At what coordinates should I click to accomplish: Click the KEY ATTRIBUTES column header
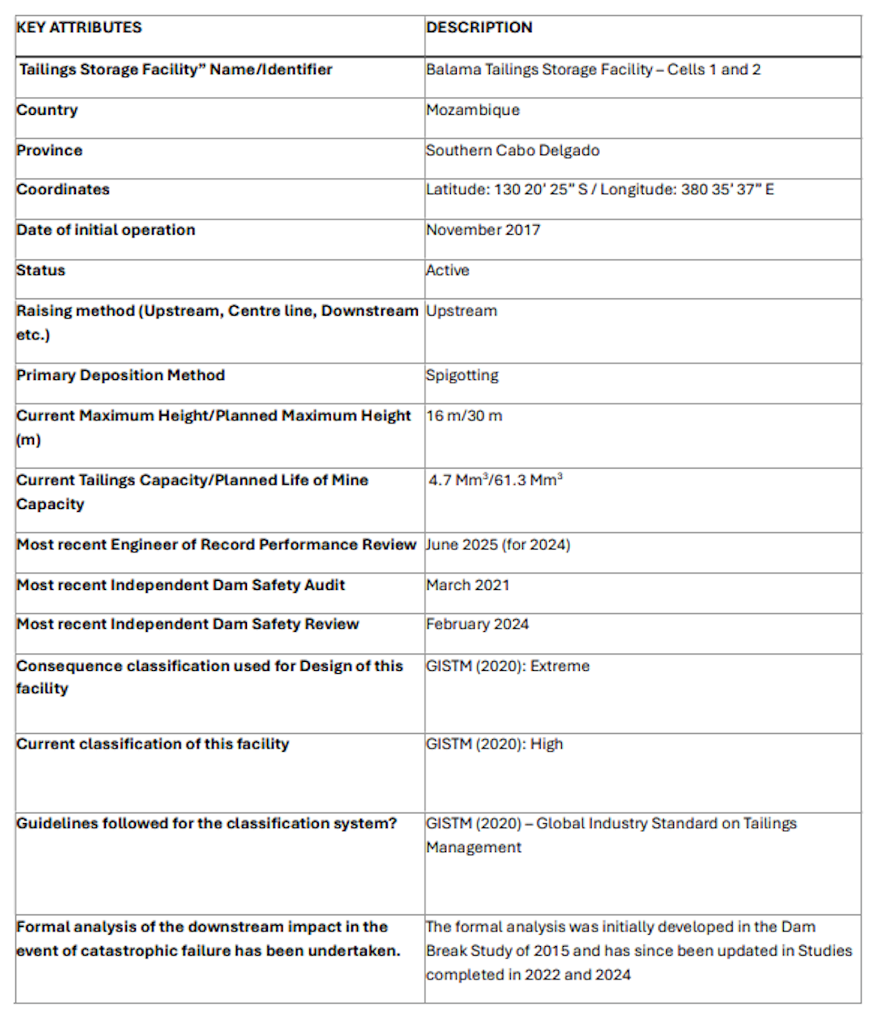coord(79,27)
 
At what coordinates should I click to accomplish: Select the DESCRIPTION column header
coord(479,27)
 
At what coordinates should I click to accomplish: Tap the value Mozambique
coord(473,110)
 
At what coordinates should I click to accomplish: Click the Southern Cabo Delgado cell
coord(513,150)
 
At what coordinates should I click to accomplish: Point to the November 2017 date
coord(483,230)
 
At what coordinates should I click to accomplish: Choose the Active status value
coord(448,270)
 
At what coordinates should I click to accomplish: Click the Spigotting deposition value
coord(462,376)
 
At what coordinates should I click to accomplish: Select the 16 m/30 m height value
coord(464,416)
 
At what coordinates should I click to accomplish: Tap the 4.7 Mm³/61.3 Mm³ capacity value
coord(495,480)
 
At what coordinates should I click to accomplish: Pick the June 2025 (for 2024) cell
coord(498,545)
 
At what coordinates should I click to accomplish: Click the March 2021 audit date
coord(468,585)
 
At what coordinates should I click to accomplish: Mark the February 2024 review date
coord(478,624)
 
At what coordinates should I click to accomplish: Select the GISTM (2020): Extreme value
coord(508,666)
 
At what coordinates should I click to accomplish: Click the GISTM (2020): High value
coord(494,744)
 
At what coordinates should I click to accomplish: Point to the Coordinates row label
coord(63,189)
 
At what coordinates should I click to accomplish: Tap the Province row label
coord(50,150)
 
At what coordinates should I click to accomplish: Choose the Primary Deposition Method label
coord(121,376)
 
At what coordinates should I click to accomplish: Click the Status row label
coord(41,270)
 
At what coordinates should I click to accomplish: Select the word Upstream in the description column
coord(462,311)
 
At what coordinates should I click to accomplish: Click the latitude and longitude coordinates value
coord(600,189)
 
